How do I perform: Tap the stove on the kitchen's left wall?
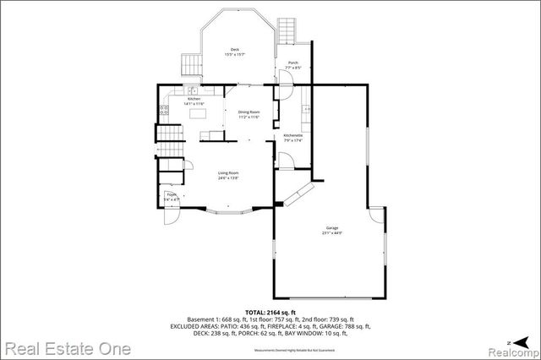162,110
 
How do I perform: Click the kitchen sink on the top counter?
192,90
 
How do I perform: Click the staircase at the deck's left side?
191,63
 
